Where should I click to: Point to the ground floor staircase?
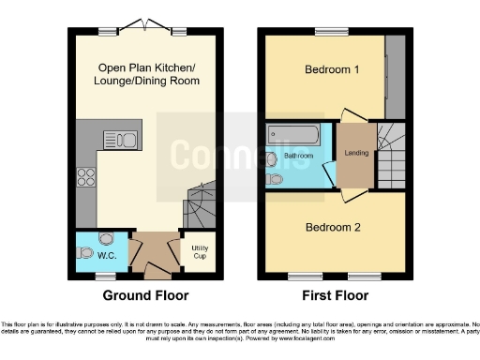(x=201, y=201)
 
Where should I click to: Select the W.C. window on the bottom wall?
(x=105, y=276)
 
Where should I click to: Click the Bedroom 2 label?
(x=333, y=227)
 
